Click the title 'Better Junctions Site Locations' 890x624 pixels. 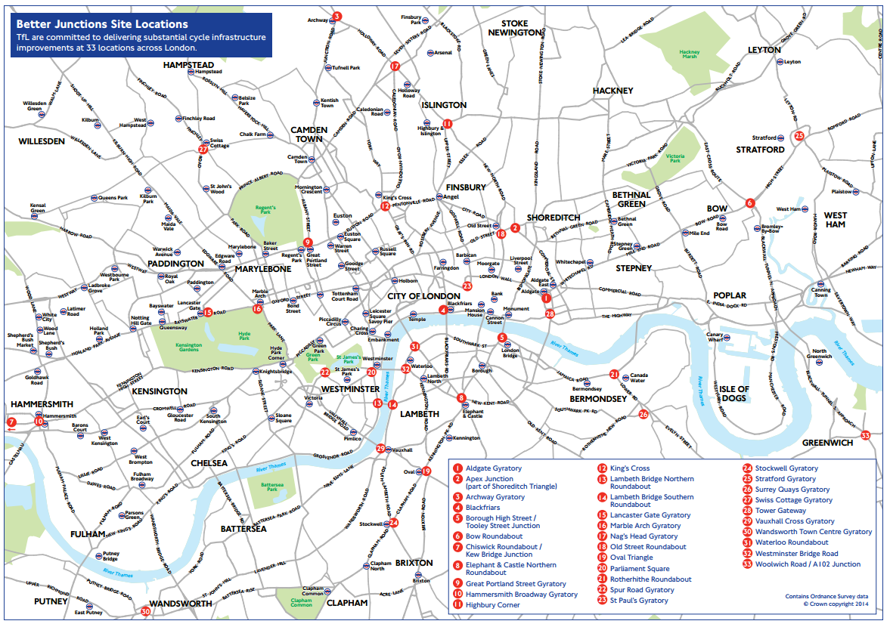(97, 23)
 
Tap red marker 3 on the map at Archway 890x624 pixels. (337, 16)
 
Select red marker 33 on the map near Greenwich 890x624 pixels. (866, 434)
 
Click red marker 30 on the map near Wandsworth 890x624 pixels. (145, 611)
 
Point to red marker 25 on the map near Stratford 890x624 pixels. (799, 135)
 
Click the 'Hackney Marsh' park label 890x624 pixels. (690, 54)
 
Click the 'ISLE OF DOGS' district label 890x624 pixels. (733, 394)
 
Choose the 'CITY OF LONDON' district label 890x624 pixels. (423, 296)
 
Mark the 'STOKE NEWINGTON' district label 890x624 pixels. (514, 28)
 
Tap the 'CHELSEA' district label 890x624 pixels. (210, 462)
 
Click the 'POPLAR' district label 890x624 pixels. (729, 295)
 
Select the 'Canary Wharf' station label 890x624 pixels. (715, 336)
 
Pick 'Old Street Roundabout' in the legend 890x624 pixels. (648, 547)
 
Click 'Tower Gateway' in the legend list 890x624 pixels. (780, 511)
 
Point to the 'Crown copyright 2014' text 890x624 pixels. (836, 604)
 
